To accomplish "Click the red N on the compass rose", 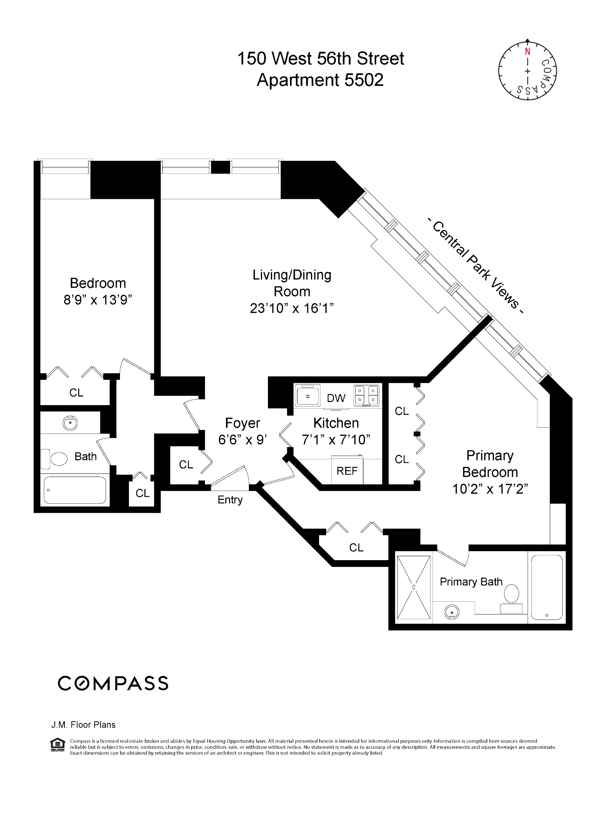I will click(x=527, y=52).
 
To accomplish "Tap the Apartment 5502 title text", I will click(x=320, y=80).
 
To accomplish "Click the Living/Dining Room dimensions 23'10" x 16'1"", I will click(x=292, y=308).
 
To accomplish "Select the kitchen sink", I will click(x=307, y=396).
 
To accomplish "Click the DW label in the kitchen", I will click(x=336, y=398).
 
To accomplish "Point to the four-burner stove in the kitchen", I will click(x=366, y=395).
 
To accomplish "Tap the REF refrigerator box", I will click(x=347, y=471).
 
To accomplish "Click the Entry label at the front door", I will click(x=230, y=500).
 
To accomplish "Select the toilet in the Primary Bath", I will click(x=511, y=599).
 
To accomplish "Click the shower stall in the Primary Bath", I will click(x=414, y=587).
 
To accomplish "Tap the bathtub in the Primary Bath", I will click(x=547, y=587).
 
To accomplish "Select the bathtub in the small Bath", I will click(x=75, y=490).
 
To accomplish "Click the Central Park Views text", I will click(x=475, y=267).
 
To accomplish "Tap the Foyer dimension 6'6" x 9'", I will click(x=242, y=440).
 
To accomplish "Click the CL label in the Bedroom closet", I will click(x=76, y=393).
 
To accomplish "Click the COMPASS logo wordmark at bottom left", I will click(x=113, y=683).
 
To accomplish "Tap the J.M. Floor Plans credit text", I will click(x=83, y=725).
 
